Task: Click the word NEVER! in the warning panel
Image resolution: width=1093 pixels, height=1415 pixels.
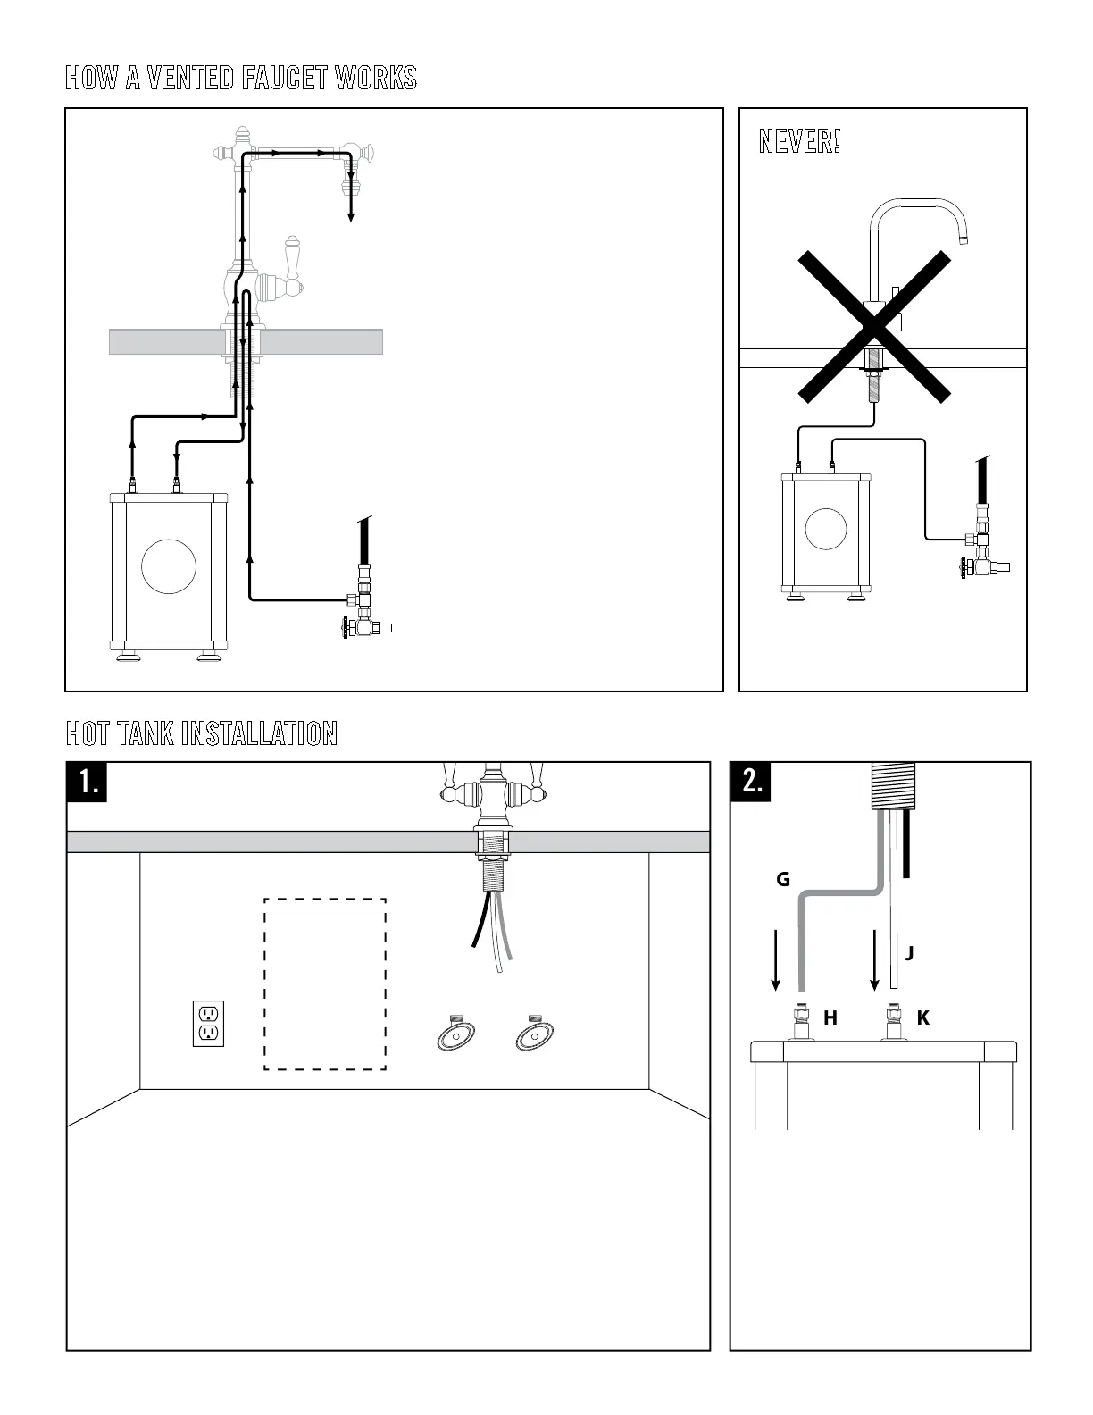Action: point(799,141)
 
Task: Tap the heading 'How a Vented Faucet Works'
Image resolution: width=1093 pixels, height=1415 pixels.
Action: point(241,78)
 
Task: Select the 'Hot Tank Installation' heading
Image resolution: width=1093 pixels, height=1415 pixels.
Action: point(202,733)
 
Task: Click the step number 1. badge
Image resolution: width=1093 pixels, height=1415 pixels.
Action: point(88,782)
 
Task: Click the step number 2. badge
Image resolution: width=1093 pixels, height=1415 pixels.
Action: point(751,782)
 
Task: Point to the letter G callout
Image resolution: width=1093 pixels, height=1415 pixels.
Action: point(783,880)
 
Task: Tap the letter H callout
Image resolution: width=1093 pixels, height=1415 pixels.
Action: point(830,1017)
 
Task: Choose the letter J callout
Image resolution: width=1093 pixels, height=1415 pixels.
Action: point(909,953)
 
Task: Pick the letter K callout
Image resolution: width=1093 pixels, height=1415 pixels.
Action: point(923,1017)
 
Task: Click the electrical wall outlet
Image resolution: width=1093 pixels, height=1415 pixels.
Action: point(209,1023)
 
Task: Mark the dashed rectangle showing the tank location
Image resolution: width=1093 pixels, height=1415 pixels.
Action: point(325,984)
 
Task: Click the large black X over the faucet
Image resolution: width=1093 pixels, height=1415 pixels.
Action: point(873,326)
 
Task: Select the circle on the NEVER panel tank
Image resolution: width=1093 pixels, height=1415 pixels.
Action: point(826,529)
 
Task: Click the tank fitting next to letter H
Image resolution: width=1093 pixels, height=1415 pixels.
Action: point(800,1020)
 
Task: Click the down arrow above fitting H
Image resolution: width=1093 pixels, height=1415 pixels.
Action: point(776,960)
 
